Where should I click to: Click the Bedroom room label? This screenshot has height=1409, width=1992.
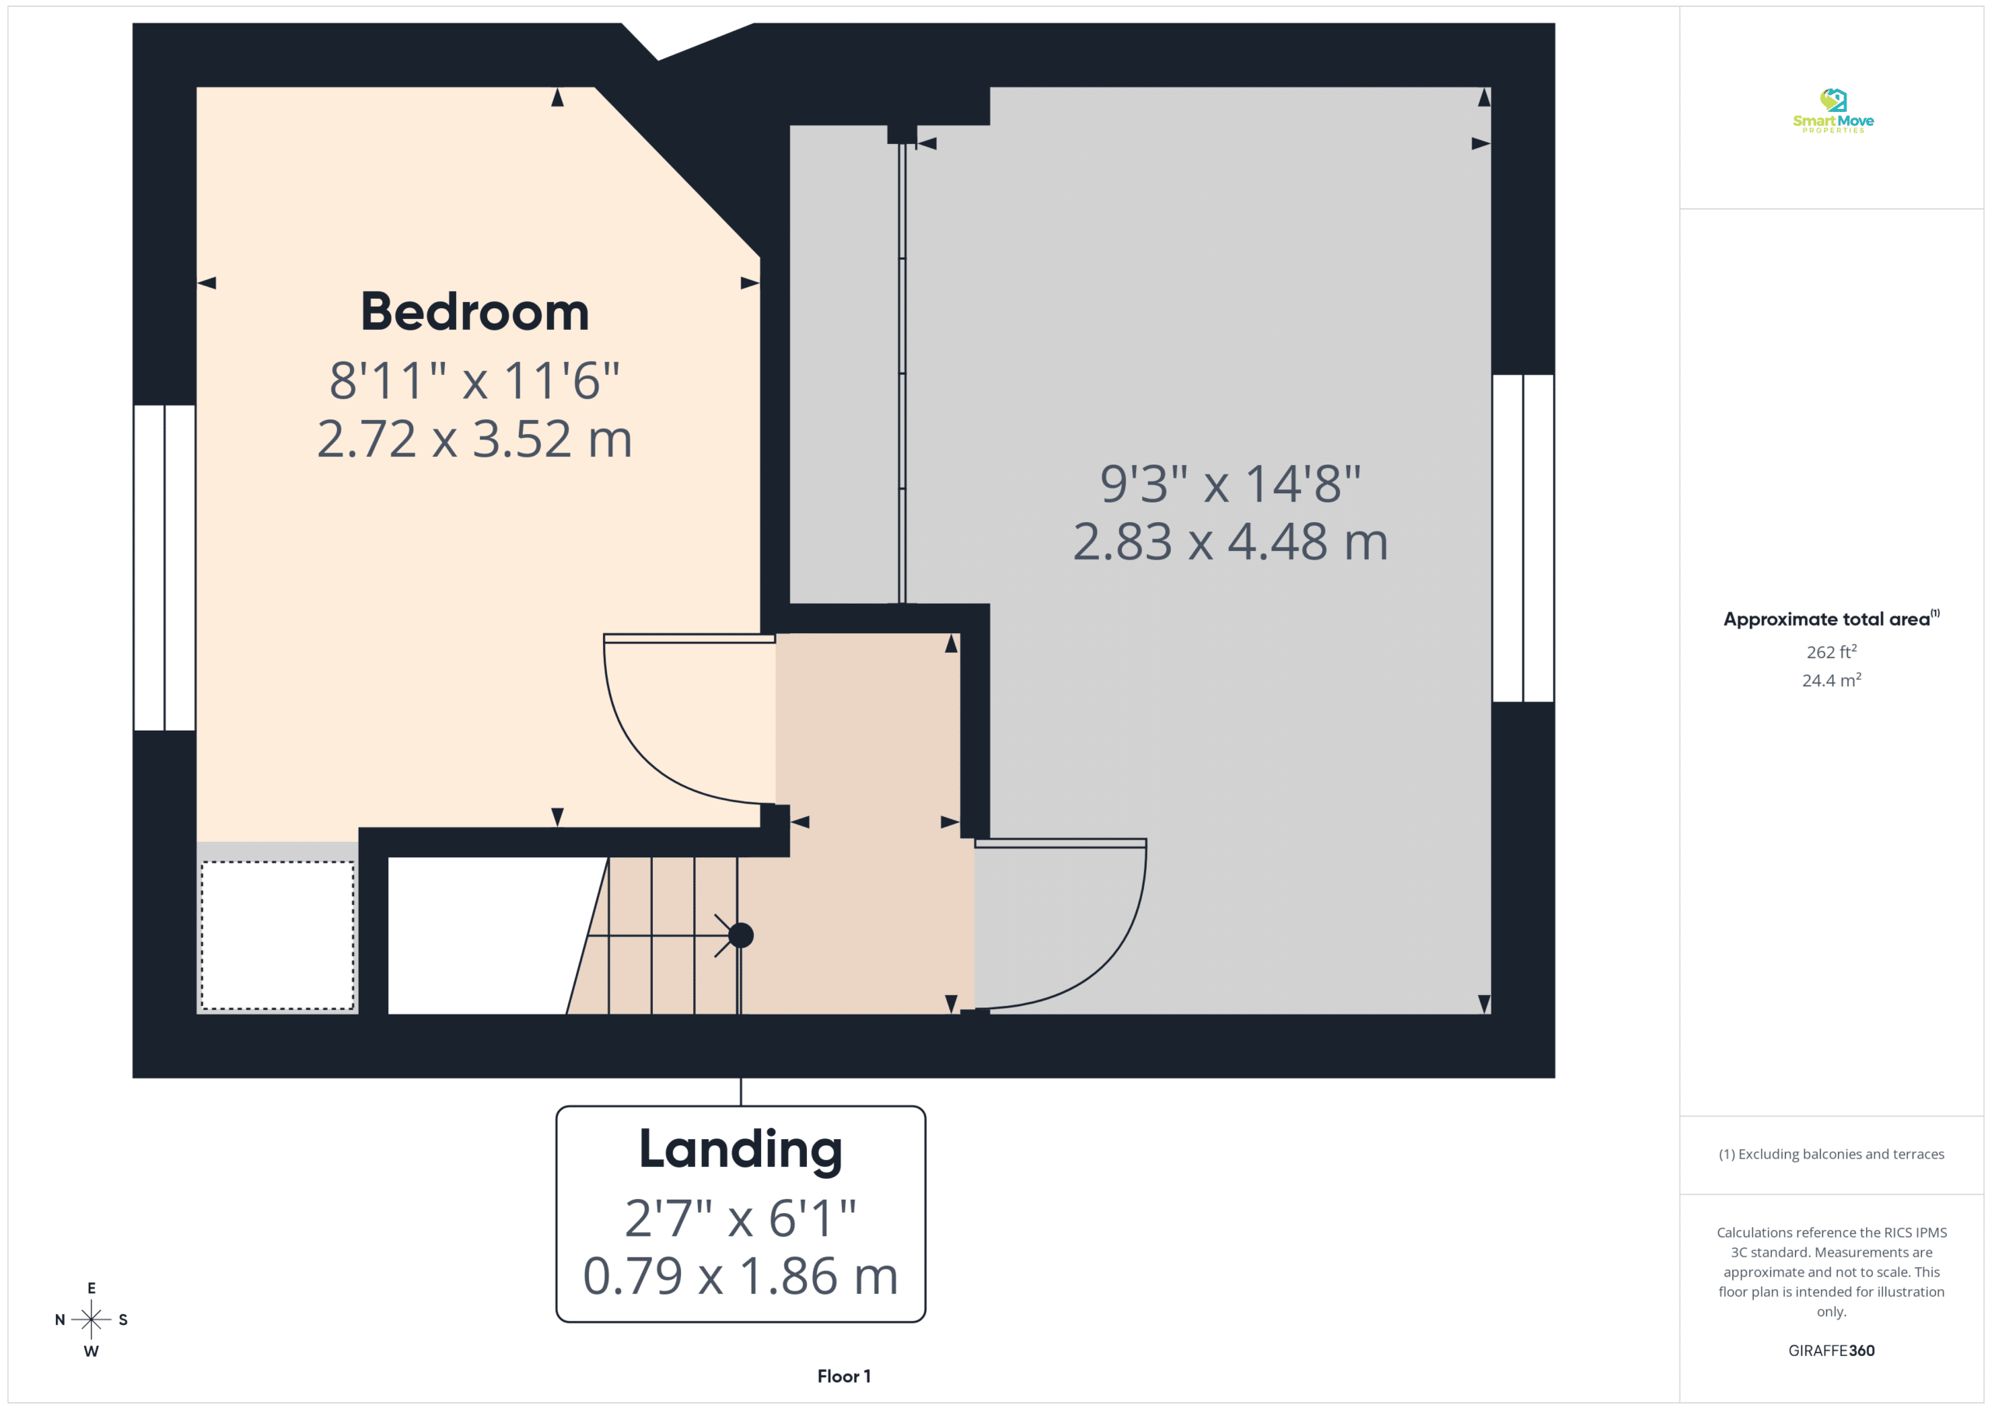475,312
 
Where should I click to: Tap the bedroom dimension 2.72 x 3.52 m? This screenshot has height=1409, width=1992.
475,439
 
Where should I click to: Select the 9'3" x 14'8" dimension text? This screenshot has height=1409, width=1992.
1230,483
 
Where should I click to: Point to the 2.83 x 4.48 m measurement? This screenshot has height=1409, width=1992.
1230,542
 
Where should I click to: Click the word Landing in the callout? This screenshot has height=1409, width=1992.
740,1151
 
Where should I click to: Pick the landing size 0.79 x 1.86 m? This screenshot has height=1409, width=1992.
740,1275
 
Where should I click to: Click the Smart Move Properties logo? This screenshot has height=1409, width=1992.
1832,110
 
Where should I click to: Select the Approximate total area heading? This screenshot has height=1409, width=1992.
1831,619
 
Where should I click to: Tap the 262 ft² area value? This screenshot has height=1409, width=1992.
1832,651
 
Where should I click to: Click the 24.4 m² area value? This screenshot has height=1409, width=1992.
1832,680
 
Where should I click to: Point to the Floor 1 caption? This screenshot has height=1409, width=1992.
843,1376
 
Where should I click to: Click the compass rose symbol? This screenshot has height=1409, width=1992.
91,1320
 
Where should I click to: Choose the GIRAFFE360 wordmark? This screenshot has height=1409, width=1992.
1832,1351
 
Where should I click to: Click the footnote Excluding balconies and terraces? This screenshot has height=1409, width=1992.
1832,1154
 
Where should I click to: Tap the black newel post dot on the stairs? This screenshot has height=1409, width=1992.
741,935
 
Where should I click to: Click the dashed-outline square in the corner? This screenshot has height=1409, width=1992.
278,935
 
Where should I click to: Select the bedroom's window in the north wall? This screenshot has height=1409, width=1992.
164,567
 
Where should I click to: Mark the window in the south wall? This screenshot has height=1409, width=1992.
1523,538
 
